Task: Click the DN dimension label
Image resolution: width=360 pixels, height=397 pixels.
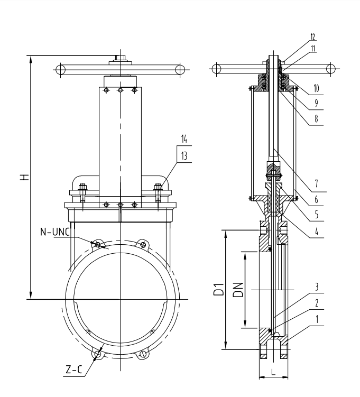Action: (238, 290)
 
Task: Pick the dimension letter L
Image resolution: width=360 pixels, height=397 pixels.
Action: (273, 372)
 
